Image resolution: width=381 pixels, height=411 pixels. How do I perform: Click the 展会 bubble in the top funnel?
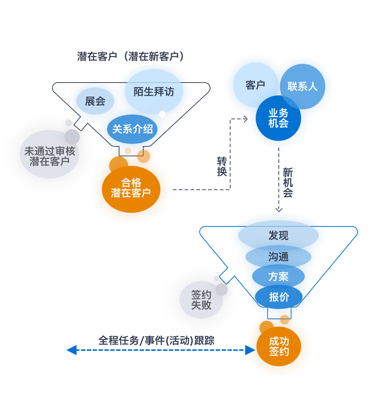[x=95, y=101]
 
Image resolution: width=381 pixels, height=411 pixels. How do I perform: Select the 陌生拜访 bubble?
[x=153, y=91]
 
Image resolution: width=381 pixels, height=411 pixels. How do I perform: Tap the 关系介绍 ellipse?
[x=132, y=129]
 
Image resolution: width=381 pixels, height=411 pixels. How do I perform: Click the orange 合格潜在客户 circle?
[x=131, y=188]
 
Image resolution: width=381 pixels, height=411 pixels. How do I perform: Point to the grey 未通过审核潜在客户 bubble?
[x=49, y=156]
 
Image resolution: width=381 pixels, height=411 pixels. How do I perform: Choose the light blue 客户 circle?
[x=255, y=85]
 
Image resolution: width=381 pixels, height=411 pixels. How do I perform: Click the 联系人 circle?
[x=302, y=87]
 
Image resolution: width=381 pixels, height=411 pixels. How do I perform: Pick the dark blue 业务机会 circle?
[x=278, y=119]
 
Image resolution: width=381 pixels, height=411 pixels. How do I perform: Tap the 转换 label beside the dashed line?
[x=222, y=166]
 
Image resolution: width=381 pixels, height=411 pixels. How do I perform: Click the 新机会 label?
[x=288, y=182]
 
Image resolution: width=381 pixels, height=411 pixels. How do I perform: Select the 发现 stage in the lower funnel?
[x=278, y=236]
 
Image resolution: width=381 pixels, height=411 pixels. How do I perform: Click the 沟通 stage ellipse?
[x=278, y=257]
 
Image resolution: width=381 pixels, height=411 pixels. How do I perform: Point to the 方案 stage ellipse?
[x=278, y=276]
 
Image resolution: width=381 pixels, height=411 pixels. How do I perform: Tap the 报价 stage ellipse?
[x=279, y=297]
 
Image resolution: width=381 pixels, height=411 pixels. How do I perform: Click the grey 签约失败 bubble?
[x=201, y=300]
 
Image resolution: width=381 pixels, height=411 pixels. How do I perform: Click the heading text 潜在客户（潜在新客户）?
[x=130, y=56]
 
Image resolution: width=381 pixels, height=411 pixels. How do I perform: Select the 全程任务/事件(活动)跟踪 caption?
[x=156, y=340]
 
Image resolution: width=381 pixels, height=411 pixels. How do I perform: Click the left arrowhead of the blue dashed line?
[x=71, y=350]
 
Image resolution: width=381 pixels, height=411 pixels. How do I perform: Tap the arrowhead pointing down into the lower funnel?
[x=279, y=210]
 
